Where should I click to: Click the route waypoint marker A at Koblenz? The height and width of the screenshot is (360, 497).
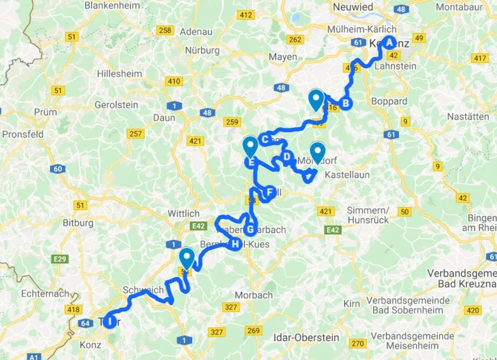point(388,43)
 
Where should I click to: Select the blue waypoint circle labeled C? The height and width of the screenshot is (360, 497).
point(264,140)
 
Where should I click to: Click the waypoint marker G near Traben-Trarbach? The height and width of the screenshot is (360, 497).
point(250,229)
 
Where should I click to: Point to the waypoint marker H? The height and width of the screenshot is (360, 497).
point(236,244)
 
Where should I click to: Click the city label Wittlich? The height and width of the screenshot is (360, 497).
point(184,213)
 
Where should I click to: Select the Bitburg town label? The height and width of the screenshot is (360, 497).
point(78,222)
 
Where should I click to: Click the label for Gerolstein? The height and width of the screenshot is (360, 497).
point(116,105)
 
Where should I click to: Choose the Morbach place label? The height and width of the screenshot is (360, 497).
point(254,295)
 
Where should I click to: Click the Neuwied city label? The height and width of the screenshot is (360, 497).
point(353,7)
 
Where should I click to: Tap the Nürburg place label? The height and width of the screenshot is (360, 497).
point(202,50)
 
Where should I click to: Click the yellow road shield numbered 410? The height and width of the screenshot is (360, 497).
point(174,81)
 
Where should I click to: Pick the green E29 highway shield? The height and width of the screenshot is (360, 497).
point(60,260)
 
